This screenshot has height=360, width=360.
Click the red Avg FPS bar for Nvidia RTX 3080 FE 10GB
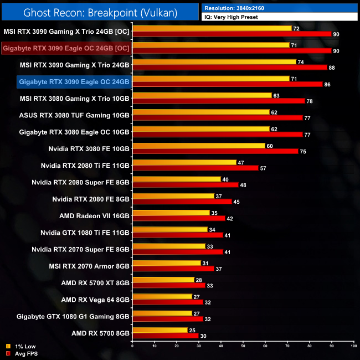point(215,151)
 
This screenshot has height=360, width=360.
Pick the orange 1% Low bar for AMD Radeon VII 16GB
point(171,213)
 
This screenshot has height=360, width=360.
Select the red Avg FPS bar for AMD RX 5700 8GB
point(166,335)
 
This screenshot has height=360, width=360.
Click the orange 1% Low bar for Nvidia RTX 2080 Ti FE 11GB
point(184,162)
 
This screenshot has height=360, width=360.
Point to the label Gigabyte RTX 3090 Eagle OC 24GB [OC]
point(66,48)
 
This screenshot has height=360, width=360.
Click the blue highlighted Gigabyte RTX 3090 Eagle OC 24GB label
point(74,82)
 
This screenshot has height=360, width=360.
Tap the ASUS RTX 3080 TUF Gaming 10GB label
point(74,115)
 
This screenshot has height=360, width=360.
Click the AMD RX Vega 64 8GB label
point(95,300)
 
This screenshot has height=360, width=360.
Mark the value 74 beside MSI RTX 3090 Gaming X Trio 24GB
point(301,62)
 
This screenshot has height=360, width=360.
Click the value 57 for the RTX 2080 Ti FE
point(263,168)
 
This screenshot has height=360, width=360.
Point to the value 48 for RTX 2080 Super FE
point(243,185)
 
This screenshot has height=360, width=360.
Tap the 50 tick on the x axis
point(243,346)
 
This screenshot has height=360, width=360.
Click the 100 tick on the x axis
point(353,346)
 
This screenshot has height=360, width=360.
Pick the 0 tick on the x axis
point(133,346)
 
